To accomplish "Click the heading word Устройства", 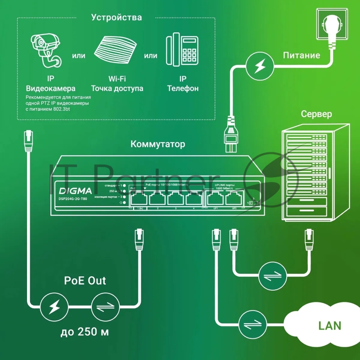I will (116, 18).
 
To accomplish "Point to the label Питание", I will (301, 55).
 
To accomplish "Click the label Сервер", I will (316, 114).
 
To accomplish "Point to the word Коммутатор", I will (157, 144).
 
